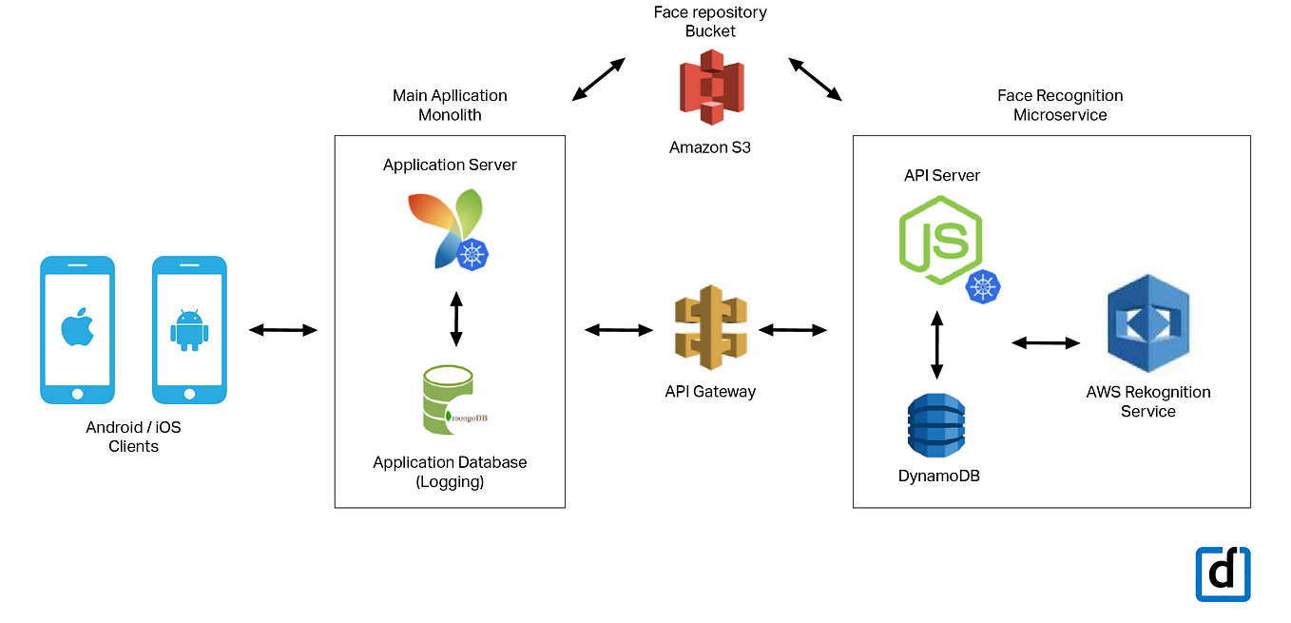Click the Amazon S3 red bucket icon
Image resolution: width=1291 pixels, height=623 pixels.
710,88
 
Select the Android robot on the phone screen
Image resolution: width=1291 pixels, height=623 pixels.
189,330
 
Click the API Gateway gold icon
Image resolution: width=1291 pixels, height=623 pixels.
710,330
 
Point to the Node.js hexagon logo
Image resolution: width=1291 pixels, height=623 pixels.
940,240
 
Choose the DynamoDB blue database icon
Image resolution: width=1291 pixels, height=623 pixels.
936,426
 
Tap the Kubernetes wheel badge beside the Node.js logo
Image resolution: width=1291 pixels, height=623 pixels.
983,285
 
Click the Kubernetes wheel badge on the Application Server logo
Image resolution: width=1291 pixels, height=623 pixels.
473,255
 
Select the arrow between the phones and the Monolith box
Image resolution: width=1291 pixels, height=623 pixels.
282,330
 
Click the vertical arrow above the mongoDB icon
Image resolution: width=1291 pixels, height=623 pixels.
455,320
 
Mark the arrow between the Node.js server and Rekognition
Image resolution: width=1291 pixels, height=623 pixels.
1046,342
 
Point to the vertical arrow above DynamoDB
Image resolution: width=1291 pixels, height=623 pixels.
936,345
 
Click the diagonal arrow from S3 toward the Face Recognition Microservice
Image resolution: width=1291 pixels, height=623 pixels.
815,79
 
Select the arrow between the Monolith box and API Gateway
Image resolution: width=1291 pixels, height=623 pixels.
619,330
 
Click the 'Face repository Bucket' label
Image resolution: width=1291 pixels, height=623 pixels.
710,22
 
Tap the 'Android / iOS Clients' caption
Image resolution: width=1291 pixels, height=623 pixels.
133,437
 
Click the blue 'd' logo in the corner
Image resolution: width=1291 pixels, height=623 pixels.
1223,574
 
